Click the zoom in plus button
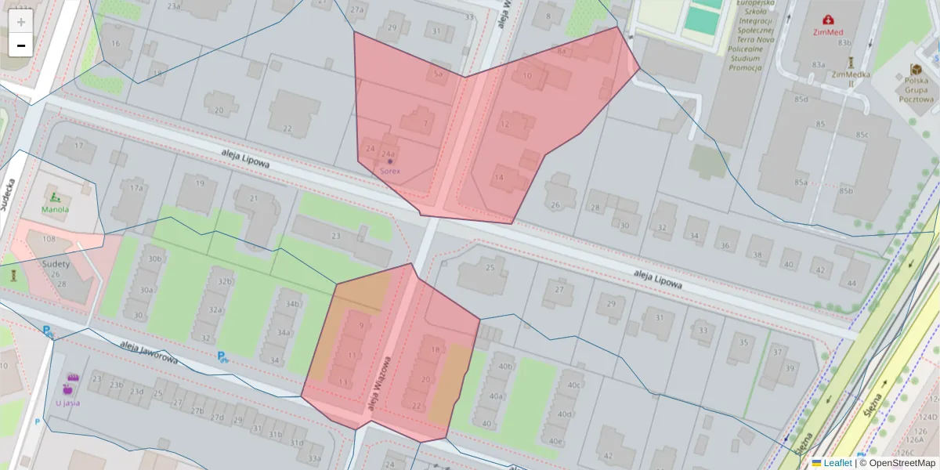(x=21, y=21)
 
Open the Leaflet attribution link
(x=837, y=463)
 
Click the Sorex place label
(x=390, y=170)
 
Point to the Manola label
(x=55, y=209)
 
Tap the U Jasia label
(x=67, y=403)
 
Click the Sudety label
(x=56, y=264)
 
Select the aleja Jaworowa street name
(x=149, y=353)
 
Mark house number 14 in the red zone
(x=499, y=178)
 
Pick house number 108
(x=49, y=239)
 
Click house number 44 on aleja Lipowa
(x=853, y=283)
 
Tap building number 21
(x=253, y=199)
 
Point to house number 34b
(x=293, y=304)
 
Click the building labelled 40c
(x=574, y=385)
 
